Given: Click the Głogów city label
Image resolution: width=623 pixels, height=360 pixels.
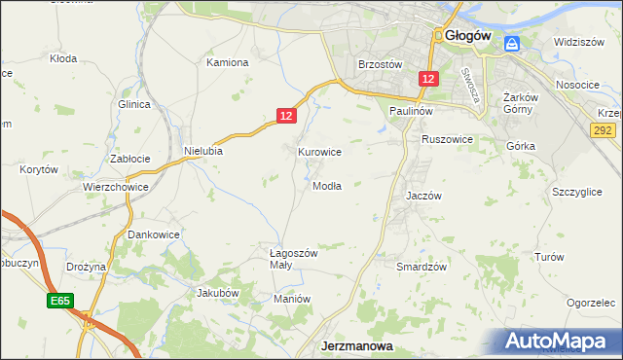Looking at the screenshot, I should point(474,36).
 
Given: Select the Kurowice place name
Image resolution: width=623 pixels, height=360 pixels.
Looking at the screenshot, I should point(319,152).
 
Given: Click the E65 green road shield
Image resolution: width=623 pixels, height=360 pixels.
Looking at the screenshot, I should point(58,303).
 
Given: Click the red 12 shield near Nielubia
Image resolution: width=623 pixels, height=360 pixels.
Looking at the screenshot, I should point(284,115).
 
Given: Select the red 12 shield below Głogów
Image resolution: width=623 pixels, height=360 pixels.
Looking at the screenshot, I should point(428,78).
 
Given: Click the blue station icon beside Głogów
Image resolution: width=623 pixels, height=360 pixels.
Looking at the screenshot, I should point(512,43).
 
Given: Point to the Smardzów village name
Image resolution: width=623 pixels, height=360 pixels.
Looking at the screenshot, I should point(421,266).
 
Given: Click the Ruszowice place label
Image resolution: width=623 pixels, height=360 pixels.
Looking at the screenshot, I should point(447,139).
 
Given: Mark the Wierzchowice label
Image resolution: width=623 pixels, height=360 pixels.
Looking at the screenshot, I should point(115,187).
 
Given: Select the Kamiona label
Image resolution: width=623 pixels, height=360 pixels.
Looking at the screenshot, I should point(228,62).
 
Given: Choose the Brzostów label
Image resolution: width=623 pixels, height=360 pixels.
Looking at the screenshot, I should point(381,64).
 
